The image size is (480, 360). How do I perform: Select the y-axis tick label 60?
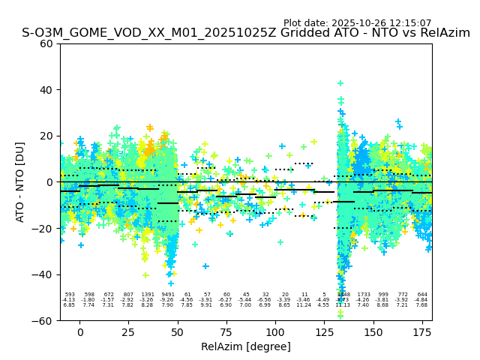click(x=46, y=43)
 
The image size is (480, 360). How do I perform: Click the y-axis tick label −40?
click(x=43, y=274)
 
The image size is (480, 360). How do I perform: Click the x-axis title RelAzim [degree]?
click(x=245, y=346)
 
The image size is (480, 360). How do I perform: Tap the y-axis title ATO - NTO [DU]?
click(x=20, y=182)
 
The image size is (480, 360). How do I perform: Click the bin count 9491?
click(x=167, y=295)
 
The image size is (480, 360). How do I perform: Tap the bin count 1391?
click(x=148, y=295)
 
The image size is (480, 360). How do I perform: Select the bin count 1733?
click(x=364, y=295)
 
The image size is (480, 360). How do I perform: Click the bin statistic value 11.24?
click(x=304, y=305)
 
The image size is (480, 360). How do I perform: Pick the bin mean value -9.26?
click(x=167, y=300)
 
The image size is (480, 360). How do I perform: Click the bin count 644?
click(x=422, y=295)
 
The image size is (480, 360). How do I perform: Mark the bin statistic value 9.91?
click(x=207, y=305)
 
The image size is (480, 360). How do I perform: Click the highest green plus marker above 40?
click(x=340, y=83)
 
